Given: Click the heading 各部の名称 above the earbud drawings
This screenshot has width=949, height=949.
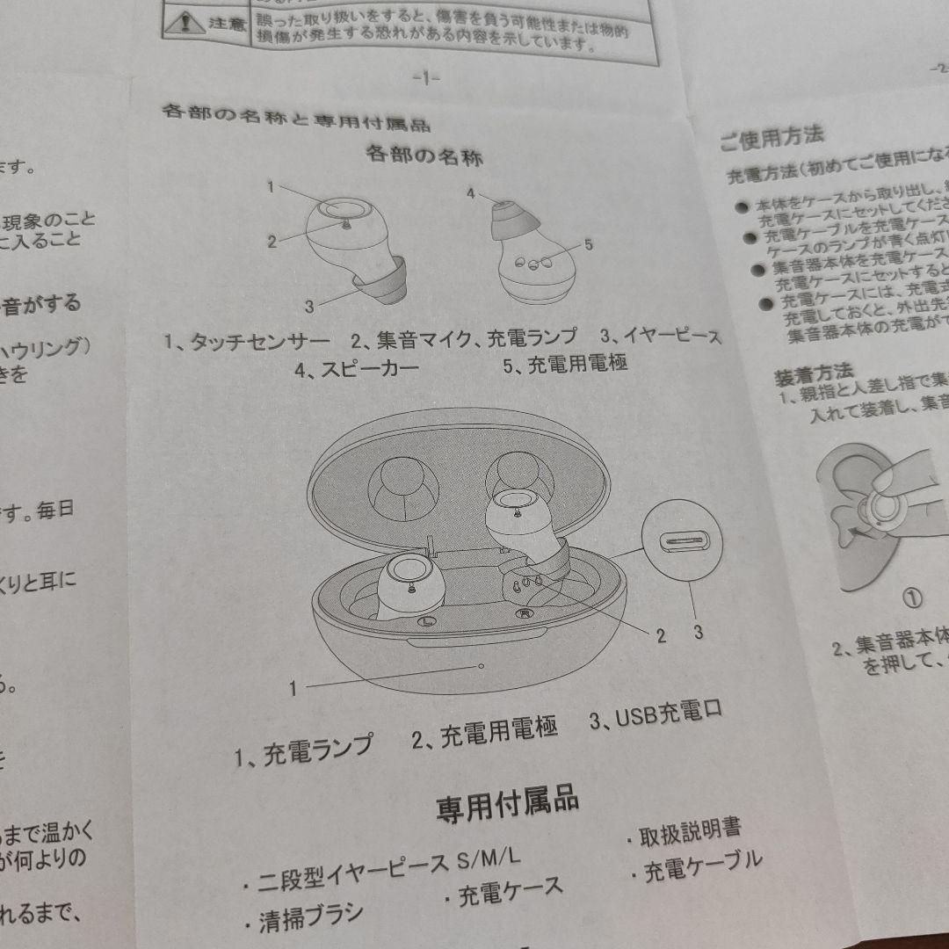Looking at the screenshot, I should click(x=424, y=156).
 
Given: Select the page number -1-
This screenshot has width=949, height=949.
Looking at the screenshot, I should click(x=425, y=77).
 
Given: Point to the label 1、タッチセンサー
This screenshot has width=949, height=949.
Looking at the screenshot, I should click(x=247, y=341).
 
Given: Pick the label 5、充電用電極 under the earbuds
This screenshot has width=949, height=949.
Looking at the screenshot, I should click(x=565, y=364).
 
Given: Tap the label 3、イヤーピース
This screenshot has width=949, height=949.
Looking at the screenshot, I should click(x=661, y=336).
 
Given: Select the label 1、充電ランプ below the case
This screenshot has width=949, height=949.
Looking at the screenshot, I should click(x=303, y=751).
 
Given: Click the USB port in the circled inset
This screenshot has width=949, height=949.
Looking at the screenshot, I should click(x=682, y=540).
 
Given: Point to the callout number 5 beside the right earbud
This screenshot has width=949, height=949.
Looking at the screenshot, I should click(x=588, y=244).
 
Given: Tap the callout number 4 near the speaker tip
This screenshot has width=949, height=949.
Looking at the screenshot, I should click(x=470, y=194).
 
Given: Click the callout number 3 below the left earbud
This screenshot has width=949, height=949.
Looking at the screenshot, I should click(x=309, y=306).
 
